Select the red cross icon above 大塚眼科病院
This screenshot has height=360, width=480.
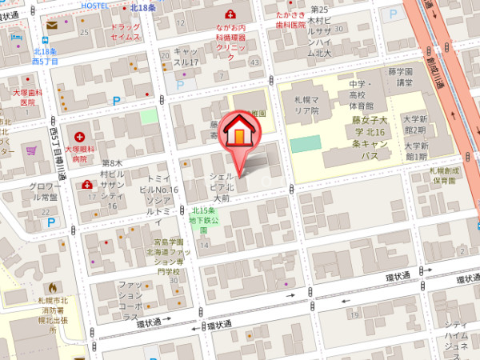click(79, 137)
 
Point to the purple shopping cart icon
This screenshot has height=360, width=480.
click(32, 150)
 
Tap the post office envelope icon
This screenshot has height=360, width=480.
click(52, 26)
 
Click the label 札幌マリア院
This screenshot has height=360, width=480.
click(305, 105)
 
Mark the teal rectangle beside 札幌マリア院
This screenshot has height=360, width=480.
click(305, 144)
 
